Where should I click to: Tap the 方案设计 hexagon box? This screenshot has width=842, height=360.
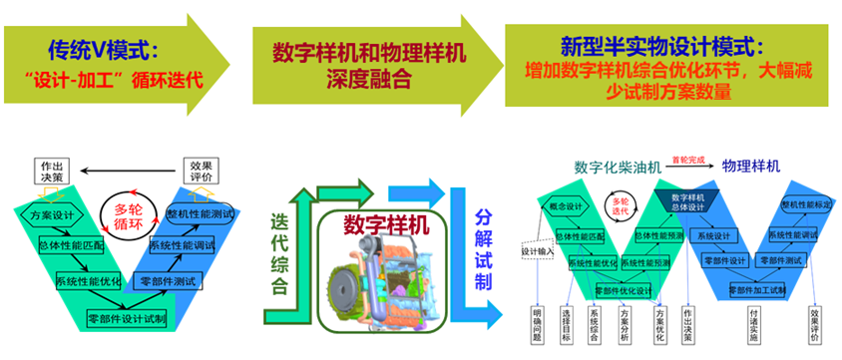55,215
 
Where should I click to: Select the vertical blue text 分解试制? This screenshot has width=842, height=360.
484,249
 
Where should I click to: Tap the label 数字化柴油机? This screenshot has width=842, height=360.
618,168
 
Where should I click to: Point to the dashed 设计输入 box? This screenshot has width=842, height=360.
536,251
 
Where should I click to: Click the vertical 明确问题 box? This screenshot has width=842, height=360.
537,324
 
